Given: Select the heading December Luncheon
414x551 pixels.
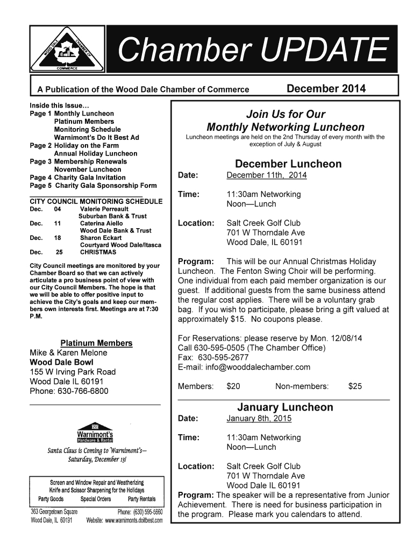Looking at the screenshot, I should tap(288, 164).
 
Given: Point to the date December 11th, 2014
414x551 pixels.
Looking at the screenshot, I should tap(263, 175).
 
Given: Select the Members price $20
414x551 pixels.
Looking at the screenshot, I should tap(234, 386).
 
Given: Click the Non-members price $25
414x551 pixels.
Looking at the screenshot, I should tap(355, 386).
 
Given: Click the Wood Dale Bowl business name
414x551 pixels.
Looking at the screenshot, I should tap(56, 362).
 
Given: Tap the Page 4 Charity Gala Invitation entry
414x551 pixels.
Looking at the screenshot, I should tap(78, 177).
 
